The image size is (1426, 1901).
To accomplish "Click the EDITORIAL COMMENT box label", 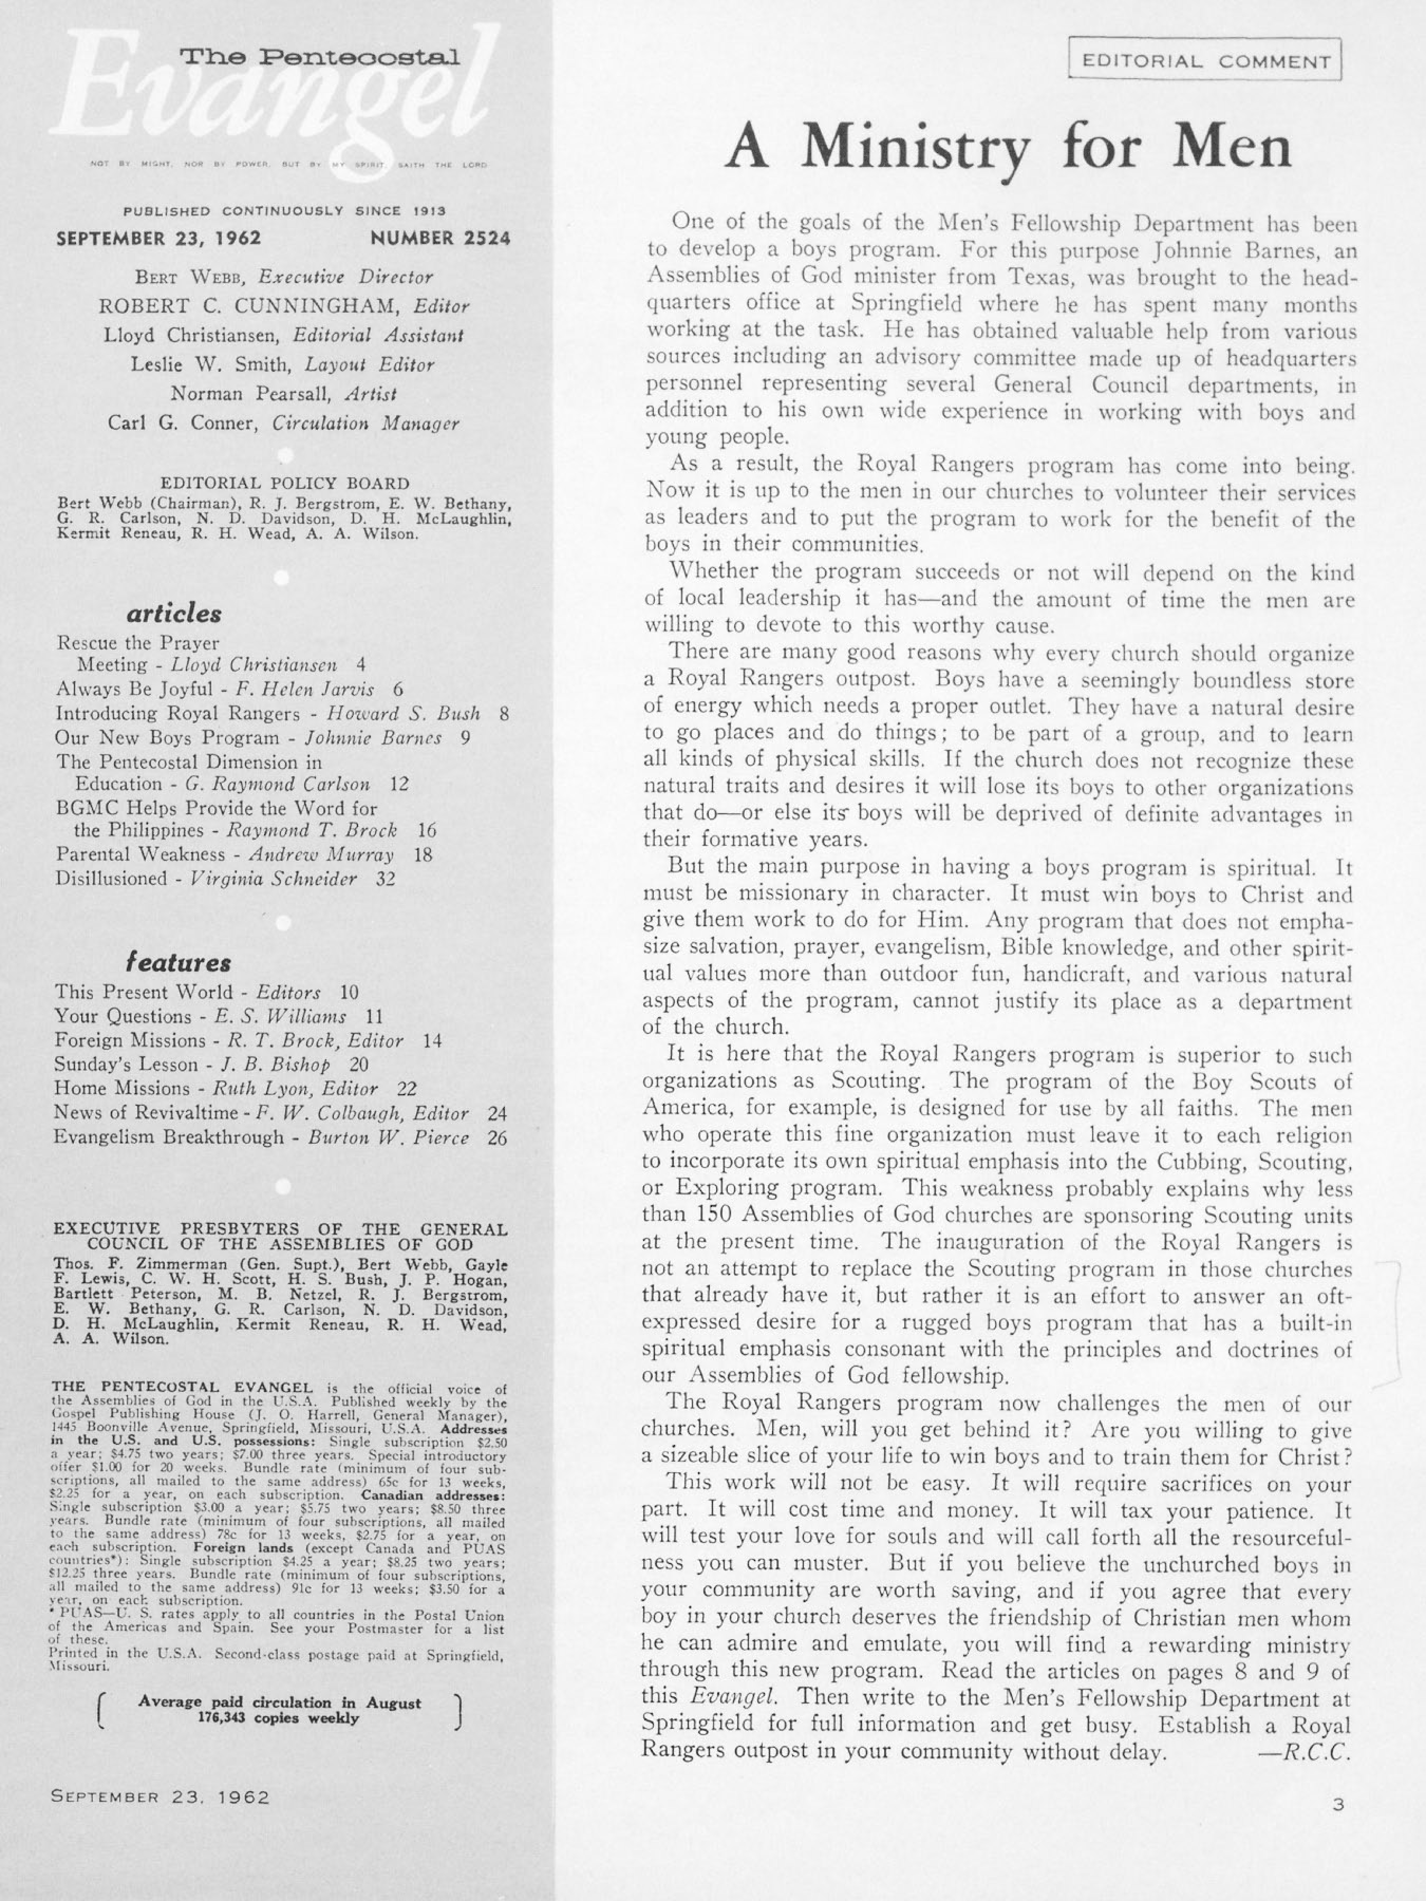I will [x=1206, y=61].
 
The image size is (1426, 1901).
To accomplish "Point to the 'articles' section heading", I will [x=174, y=614].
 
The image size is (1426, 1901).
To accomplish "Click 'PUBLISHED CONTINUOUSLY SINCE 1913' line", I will [x=284, y=211].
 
